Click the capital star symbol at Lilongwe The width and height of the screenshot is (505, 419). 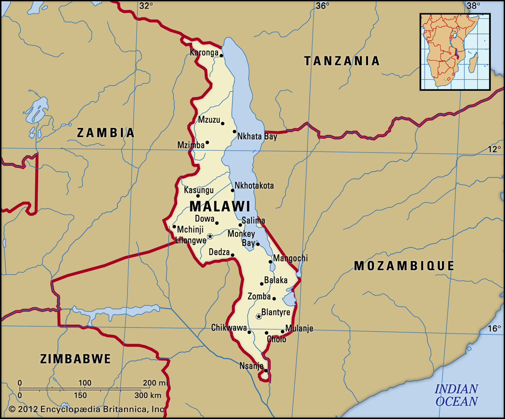[210, 236]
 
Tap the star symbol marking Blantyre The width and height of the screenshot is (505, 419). [258, 316]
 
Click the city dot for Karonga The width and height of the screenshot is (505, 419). [221, 56]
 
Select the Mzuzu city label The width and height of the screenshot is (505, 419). [209, 120]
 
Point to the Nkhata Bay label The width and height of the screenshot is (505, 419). [257, 136]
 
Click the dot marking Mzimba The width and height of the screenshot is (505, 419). [207, 143]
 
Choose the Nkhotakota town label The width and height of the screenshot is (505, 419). [254, 185]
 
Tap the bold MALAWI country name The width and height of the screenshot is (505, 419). [220, 207]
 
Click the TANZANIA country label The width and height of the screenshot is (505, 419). [342, 61]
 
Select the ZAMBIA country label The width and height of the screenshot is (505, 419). [106, 133]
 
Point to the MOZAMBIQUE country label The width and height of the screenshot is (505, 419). [404, 266]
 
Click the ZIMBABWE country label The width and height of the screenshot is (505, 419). [75, 359]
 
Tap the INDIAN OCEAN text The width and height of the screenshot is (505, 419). [456, 395]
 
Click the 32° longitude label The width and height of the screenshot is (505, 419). [146, 6]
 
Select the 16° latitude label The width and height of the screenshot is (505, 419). [494, 329]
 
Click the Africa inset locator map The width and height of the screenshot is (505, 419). [455, 52]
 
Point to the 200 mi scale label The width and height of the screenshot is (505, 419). [155, 383]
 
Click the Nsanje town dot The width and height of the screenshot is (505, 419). [266, 370]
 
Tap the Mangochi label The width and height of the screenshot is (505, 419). [290, 258]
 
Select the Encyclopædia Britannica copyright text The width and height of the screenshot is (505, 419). [87, 409]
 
